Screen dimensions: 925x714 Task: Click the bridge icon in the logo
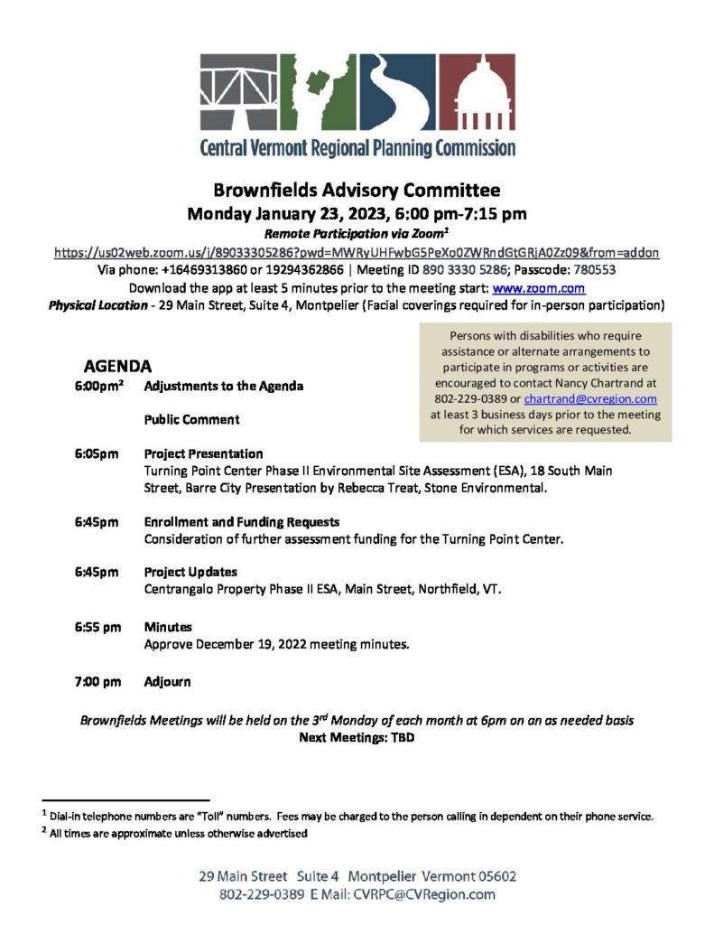[x=237, y=91]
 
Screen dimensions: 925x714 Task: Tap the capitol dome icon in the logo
[x=478, y=91]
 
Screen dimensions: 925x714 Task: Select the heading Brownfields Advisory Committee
[x=357, y=191]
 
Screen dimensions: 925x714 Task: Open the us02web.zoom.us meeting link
[x=357, y=253]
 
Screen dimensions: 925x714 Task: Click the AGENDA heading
[x=117, y=367]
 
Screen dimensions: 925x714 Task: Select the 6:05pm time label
[x=97, y=453]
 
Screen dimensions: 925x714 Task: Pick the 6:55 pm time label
[x=98, y=627]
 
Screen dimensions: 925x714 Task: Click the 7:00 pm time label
[x=98, y=681]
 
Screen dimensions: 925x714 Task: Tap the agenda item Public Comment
[x=192, y=419]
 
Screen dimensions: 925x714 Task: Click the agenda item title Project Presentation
[x=203, y=453]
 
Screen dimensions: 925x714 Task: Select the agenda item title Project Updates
[x=190, y=572]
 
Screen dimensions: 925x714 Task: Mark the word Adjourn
[x=167, y=681]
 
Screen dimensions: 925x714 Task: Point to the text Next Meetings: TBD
[x=357, y=737]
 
